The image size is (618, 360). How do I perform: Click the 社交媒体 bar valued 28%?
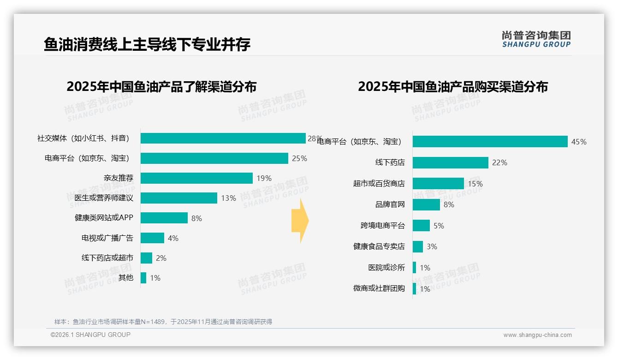click(x=223, y=138)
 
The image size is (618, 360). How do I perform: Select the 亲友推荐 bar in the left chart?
click(x=196, y=178)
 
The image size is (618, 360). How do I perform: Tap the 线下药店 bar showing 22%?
click(x=450, y=162)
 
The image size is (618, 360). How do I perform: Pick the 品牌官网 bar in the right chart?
click(x=426, y=204)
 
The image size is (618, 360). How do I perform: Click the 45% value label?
click(x=579, y=142)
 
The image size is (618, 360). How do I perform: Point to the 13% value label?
click(x=228, y=198)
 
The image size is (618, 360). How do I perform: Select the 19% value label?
click(x=264, y=178)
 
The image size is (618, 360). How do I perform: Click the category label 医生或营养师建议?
click(x=104, y=198)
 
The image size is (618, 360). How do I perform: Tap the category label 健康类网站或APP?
click(x=104, y=218)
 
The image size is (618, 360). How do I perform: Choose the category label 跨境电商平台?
click(x=382, y=226)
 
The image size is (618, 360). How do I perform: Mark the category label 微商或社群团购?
click(x=379, y=288)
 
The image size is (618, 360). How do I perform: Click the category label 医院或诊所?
click(x=386, y=268)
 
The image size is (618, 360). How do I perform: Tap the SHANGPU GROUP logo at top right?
click(x=536, y=39)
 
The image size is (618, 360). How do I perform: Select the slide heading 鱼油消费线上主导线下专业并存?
click(x=147, y=44)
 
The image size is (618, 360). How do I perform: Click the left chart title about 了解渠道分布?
click(x=161, y=87)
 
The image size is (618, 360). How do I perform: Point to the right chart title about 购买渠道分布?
click(x=452, y=87)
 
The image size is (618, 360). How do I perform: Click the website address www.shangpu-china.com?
click(x=537, y=335)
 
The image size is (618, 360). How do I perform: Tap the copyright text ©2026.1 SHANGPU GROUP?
click(x=90, y=335)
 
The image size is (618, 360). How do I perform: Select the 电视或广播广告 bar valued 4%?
click(x=152, y=238)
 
